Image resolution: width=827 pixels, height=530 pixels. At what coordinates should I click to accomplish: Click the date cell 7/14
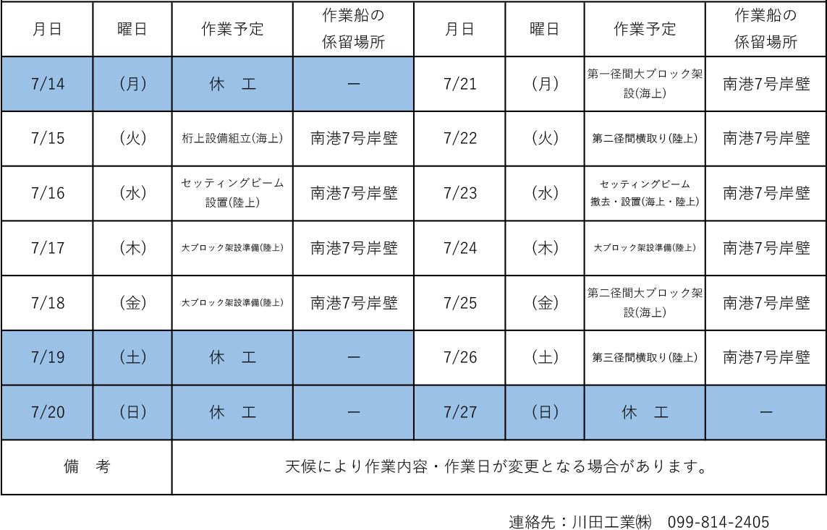[48, 84]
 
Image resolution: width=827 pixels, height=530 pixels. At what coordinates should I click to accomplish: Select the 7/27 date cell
[460, 412]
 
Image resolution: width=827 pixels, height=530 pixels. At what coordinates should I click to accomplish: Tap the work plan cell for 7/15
[232, 139]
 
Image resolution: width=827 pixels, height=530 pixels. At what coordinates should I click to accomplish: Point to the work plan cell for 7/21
[645, 84]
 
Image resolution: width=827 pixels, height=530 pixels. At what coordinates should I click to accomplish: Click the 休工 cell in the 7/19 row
[232, 358]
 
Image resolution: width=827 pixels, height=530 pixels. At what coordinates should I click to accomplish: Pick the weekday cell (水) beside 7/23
[545, 193]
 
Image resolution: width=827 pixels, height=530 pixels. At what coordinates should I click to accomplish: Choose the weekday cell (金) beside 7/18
[132, 303]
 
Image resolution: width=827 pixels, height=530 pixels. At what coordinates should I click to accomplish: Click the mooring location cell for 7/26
[765, 358]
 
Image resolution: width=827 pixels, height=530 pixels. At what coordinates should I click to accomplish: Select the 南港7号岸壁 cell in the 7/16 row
[353, 193]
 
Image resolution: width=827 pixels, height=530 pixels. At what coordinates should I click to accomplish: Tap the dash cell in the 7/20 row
[353, 412]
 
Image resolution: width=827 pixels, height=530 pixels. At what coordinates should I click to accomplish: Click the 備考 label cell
[87, 467]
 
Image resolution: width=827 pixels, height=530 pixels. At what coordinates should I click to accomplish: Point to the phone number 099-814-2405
[718, 522]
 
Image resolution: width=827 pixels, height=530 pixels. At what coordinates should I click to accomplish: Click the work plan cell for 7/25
[645, 303]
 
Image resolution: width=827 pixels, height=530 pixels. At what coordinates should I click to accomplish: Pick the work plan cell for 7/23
[645, 193]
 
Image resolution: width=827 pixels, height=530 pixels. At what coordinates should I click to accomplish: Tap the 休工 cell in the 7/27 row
[645, 412]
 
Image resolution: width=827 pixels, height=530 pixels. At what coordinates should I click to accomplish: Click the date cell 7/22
[460, 139]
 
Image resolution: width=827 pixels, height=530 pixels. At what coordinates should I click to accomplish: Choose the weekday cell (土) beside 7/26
[545, 358]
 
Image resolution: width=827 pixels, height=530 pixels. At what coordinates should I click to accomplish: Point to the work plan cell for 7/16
[232, 193]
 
